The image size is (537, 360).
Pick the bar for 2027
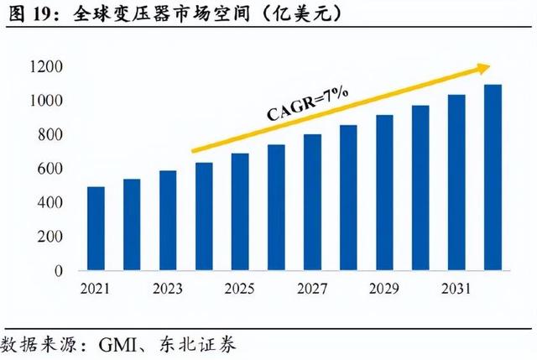(x=312, y=203)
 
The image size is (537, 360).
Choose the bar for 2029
(x=384, y=193)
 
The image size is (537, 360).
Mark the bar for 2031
(x=456, y=183)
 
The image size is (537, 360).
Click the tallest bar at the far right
(x=493, y=178)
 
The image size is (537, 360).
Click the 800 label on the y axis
(x=49, y=135)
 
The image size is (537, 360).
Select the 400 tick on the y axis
(x=49, y=203)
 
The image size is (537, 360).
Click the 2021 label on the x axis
(x=96, y=290)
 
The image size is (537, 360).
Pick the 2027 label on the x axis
(x=312, y=290)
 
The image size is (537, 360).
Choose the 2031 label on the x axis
(x=456, y=290)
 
